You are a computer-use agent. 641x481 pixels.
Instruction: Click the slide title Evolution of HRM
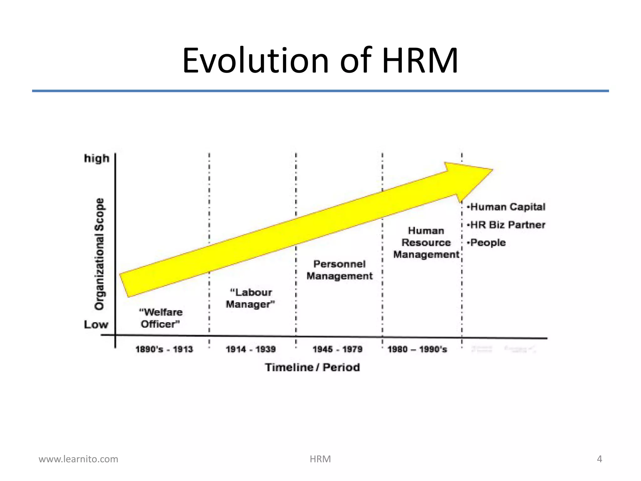tap(320, 60)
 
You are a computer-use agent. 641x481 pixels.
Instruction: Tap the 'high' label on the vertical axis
tap(97, 158)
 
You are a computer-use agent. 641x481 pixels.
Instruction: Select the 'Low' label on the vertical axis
tap(96, 324)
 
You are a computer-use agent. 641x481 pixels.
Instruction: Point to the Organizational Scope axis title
tap(100, 254)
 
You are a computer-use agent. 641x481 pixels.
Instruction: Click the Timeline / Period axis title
tap(312, 367)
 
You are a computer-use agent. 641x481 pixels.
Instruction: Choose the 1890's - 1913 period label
tap(164, 349)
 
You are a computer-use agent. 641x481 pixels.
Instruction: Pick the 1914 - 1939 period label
tap(251, 349)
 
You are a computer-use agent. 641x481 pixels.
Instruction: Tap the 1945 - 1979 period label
tap(337, 349)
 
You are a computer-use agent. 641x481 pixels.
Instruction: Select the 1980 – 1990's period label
tap(417, 349)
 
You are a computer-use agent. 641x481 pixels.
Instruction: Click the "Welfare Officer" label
tap(161, 318)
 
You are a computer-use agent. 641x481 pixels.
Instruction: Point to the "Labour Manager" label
tap(250, 298)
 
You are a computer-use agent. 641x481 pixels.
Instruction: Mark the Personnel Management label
tap(340, 270)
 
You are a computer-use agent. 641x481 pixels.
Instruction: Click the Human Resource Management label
tap(426, 243)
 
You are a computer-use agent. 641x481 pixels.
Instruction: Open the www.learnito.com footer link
tap(78, 459)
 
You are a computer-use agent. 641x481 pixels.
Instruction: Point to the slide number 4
tap(599, 459)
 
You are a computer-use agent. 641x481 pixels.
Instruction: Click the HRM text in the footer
tap(320, 459)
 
